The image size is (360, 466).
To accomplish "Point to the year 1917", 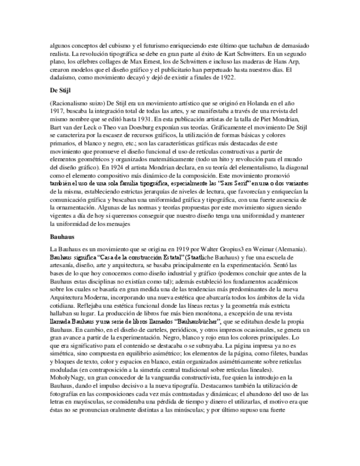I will pyautogui.click(x=57, y=112).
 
